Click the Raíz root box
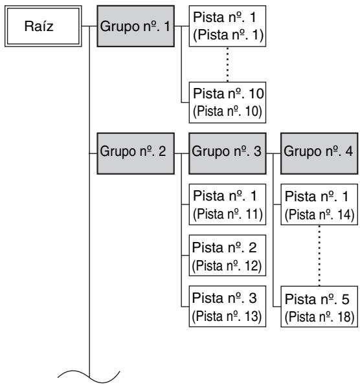point(43,26)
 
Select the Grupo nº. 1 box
point(135,26)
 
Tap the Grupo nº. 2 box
point(135,153)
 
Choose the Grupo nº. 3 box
point(227,153)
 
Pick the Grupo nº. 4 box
point(319,153)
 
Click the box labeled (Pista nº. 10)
point(227,102)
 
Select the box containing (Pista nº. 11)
point(227,204)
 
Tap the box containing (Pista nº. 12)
point(227,256)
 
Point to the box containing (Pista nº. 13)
point(227,306)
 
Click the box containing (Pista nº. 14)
point(319,204)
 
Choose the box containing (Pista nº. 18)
point(319,307)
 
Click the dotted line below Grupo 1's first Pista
point(227,64)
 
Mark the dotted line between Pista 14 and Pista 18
point(319,256)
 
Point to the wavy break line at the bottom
point(89,377)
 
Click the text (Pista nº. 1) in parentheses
point(228,35)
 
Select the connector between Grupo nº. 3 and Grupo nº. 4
point(273,154)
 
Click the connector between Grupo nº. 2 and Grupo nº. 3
point(181,154)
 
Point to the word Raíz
point(39,26)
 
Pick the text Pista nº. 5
point(317,300)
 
